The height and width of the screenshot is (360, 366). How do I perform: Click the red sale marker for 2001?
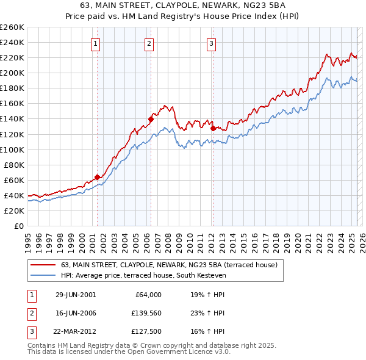(97, 177)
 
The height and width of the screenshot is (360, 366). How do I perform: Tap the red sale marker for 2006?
(150, 119)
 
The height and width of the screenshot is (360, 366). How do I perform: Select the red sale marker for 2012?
(212, 128)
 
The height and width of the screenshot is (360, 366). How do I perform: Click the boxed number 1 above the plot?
(96, 43)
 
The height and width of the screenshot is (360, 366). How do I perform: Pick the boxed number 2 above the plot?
(149, 43)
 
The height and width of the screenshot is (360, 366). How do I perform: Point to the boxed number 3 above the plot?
(211, 43)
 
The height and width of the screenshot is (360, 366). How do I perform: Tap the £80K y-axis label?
(14, 165)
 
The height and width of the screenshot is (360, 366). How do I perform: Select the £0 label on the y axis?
(18, 226)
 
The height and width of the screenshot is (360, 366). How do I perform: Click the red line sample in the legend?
(43, 265)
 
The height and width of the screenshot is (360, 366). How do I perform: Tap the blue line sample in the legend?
(43, 276)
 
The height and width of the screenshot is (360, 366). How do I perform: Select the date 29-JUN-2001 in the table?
(75, 295)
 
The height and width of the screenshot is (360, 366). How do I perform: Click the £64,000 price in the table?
(147, 295)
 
